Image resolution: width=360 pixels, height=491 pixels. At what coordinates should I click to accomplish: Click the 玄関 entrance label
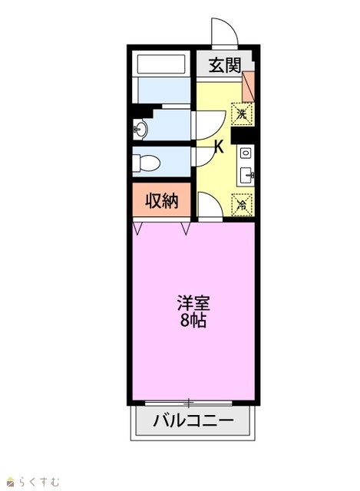[x=225, y=65]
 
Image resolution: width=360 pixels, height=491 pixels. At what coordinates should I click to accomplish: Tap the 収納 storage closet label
[x=162, y=201]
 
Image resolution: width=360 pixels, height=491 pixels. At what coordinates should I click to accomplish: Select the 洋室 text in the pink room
[x=193, y=303]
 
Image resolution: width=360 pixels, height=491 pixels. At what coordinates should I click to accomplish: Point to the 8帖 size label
[x=193, y=320]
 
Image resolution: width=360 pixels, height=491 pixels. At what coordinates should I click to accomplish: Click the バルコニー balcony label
[x=193, y=420]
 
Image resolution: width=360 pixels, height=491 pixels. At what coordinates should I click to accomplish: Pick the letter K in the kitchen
[x=219, y=147]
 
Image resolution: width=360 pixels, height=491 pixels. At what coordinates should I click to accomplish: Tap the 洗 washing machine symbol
[x=242, y=114]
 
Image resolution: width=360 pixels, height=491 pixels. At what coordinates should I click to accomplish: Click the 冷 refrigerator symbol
[x=242, y=205]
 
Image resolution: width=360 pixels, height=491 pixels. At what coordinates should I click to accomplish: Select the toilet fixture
[x=146, y=163]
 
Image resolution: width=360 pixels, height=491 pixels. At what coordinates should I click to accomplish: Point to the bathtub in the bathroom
[x=161, y=64]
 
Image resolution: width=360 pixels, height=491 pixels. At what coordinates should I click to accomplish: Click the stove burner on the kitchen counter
[x=246, y=153]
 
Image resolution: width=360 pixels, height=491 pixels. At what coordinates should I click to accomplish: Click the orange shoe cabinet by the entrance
[x=249, y=87]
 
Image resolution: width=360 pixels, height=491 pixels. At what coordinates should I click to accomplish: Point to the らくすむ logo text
[x=38, y=481]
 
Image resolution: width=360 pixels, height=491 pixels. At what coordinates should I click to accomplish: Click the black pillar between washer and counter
[x=243, y=136]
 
